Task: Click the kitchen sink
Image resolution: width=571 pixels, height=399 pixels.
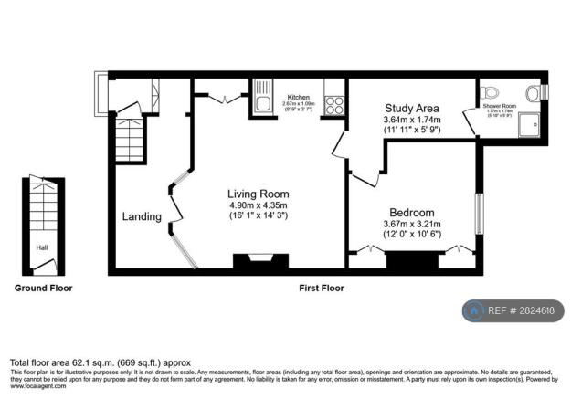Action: tap(263, 98)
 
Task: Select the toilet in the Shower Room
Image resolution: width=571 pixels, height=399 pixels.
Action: tap(494, 91)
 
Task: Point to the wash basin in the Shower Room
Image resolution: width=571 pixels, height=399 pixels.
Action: tap(532, 92)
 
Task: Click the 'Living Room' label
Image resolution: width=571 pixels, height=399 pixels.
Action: tap(259, 194)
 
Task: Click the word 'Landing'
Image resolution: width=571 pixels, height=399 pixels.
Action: tap(142, 217)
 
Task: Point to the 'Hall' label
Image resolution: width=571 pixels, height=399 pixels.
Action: tap(41, 247)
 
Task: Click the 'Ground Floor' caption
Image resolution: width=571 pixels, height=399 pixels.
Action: tap(43, 288)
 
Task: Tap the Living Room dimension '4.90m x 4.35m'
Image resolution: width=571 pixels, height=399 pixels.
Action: tap(259, 205)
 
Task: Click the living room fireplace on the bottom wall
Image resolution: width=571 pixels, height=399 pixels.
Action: tap(254, 263)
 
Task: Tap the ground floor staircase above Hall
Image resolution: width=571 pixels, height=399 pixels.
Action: tap(43, 207)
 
